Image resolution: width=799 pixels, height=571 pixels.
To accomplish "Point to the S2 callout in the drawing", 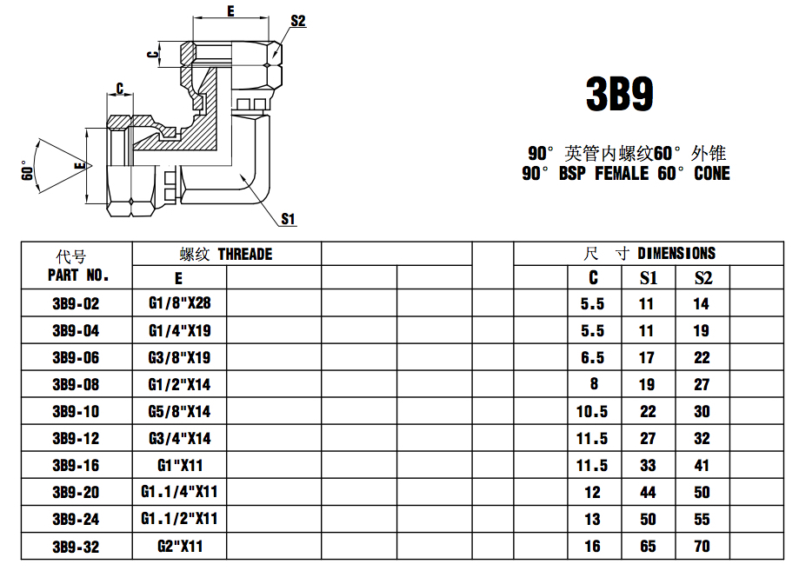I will [297, 21].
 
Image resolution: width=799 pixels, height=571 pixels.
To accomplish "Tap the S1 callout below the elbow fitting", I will [289, 219].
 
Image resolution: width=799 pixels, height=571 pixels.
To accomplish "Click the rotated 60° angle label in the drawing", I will [27, 170].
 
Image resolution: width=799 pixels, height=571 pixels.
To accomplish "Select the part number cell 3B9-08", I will [76, 385].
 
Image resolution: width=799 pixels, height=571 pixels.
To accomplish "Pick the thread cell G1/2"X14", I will [179, 385].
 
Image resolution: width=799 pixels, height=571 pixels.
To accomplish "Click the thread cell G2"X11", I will [179, 547].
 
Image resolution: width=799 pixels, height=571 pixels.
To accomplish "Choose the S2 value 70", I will [702, 547].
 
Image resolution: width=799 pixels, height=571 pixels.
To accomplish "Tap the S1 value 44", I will [648, 493].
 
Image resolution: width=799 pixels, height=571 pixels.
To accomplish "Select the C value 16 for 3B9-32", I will [592, 547].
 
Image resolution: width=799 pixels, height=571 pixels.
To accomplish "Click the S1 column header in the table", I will [648, 278].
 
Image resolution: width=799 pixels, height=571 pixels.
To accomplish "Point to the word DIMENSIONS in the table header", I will [676, 254].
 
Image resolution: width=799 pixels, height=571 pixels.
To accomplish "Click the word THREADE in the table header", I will [244, 255].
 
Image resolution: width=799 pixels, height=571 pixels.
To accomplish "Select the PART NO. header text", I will [78, 276].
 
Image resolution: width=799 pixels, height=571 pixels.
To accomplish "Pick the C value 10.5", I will [592, 412].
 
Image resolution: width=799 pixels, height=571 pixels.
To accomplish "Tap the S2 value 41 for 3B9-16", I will [702, 466].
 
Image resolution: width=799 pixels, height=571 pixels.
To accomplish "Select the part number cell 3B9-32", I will [76, 547].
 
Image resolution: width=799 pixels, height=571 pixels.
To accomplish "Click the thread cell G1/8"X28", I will [179, 304].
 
